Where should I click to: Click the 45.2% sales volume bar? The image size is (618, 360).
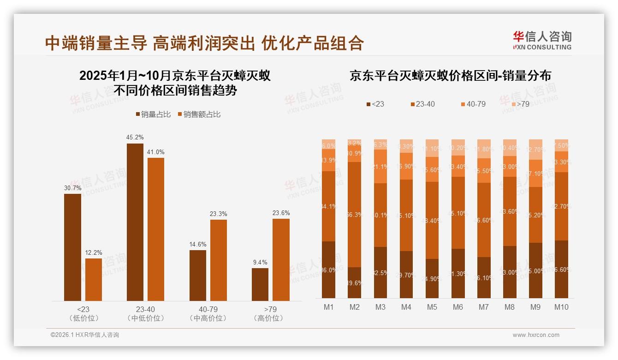tap(135, 222)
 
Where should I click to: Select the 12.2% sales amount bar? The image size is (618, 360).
tap(94, 280)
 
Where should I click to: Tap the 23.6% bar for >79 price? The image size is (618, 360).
tap(281, 260)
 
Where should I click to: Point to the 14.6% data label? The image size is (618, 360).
tap(198, 245)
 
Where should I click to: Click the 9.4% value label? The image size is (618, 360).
tap(260, 262)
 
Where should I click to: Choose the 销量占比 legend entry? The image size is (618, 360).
tap(154, 114)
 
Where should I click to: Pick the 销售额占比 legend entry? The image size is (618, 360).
tap(199, 114)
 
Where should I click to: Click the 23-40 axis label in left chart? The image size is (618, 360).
tap(145, 309)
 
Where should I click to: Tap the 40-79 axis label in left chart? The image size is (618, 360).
tap(208, 309)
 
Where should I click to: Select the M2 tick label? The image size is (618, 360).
tap(354, 307)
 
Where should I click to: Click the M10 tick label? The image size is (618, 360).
tap(561, 307)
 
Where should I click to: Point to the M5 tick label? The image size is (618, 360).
tap(432, 307)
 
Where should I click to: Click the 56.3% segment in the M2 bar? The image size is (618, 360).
tap(354, 215)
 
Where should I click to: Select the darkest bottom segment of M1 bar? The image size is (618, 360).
tap(328, 270)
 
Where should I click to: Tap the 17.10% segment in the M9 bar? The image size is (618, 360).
tap(535, 174)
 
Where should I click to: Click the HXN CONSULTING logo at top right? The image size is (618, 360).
tap(542, 41)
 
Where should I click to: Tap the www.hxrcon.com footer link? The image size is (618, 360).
tap(536, 335)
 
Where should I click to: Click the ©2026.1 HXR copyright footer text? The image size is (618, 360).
tap(84, 335)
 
